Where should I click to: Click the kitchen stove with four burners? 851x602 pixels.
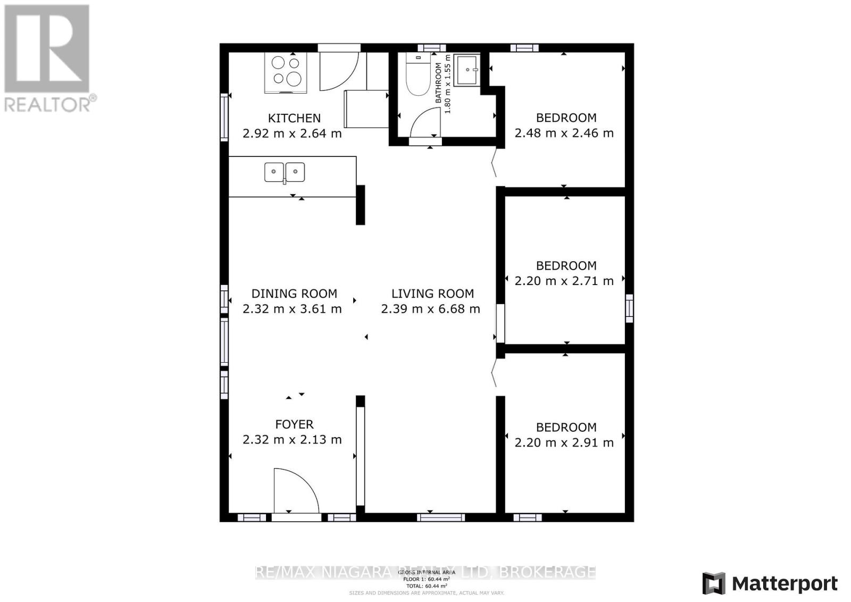click(286, 72)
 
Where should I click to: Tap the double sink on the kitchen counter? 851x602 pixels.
click(285, 172)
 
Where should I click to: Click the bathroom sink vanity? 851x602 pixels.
click(467, 70)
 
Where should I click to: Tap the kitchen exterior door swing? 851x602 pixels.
click(338, 71)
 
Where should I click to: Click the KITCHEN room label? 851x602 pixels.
click(294, 118)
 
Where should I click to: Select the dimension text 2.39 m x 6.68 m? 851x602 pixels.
click(430, 309)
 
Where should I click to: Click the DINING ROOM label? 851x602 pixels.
click(294, 294)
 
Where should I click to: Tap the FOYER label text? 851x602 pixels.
click(294, 424)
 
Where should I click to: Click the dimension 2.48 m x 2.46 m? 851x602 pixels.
click(564, 133)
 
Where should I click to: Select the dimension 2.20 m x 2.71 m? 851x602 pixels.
click(564, 281)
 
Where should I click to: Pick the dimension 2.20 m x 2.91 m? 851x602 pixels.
click(564, 442)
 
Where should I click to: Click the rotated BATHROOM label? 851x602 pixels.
click(439, 83)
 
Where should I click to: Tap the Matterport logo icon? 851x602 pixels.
click(714, 583)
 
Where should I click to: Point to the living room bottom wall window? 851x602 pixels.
click(440, 517)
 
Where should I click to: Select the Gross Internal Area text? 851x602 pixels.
click(426, 572)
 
